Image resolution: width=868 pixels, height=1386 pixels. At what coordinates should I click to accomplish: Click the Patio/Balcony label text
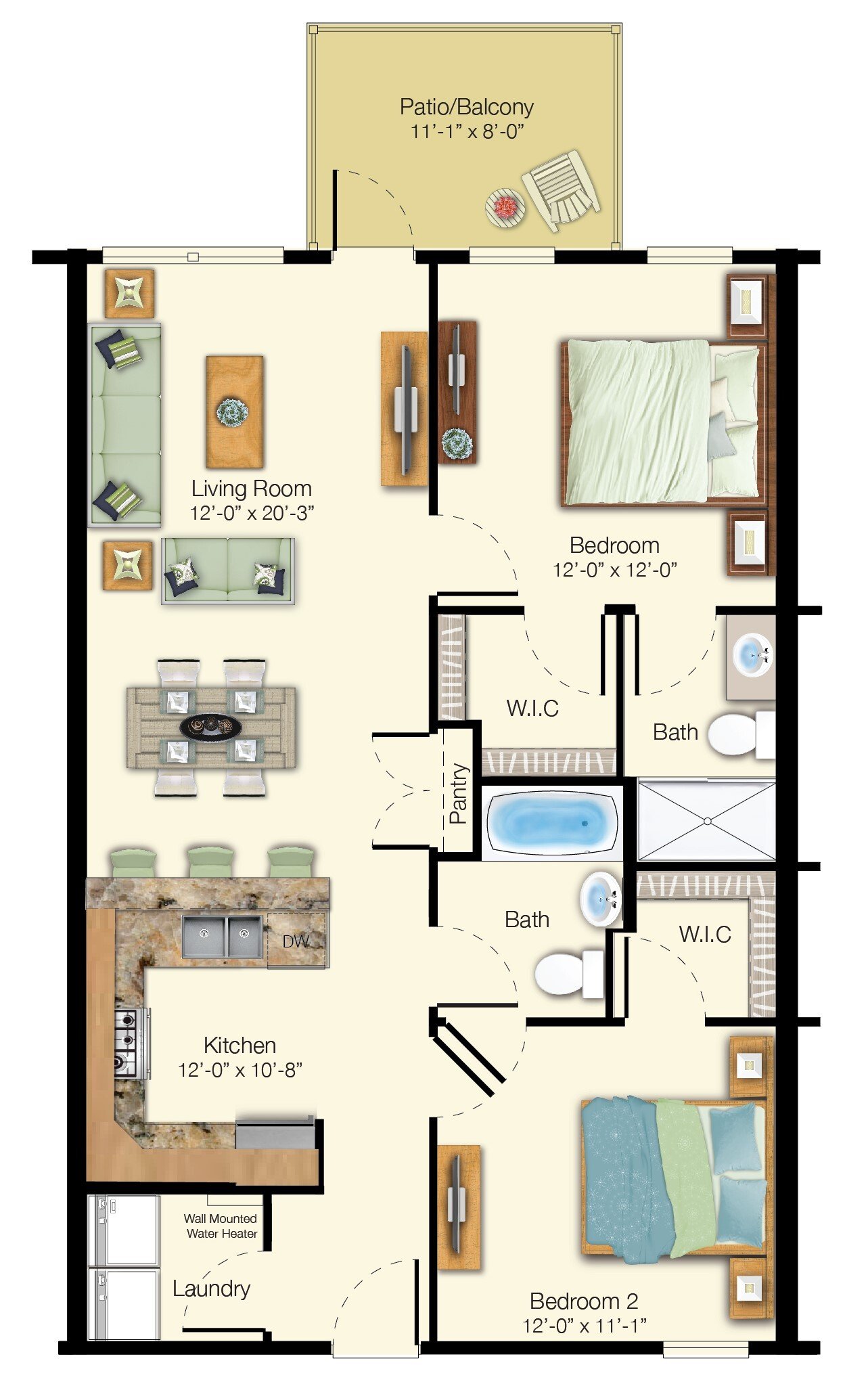467,107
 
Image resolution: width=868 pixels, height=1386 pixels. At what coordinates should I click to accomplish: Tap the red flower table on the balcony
505,206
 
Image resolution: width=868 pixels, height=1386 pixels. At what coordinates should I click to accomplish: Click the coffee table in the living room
234,411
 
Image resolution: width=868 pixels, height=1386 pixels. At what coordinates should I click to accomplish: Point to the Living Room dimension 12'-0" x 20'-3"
252,513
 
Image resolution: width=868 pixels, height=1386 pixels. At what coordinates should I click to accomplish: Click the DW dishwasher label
295,941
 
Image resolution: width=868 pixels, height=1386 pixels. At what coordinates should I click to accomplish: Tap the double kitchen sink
223,937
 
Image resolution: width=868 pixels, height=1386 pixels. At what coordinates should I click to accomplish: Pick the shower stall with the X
706,820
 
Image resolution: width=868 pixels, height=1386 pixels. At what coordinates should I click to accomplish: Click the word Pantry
458,793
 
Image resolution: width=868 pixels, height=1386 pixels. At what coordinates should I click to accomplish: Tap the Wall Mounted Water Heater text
221,1226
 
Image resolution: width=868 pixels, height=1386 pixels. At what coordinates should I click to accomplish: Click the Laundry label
211,1289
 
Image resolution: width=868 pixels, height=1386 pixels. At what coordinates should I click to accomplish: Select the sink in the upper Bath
751,654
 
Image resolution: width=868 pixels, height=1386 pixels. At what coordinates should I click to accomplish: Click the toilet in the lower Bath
567,973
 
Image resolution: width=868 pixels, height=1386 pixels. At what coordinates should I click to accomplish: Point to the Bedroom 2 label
583,1301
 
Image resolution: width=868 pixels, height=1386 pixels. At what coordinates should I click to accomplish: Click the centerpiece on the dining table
210,726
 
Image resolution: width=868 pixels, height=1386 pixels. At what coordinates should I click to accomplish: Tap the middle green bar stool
211,862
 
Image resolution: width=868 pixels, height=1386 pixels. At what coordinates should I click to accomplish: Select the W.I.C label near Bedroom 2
704,935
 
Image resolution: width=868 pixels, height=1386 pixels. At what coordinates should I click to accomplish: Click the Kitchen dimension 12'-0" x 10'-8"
239,1070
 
